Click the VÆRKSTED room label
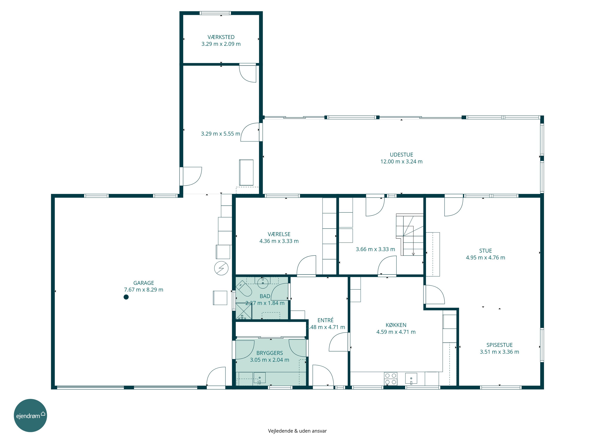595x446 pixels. click(221, 37)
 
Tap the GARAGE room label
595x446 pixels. click(144, 283)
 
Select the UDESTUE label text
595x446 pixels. click(401, 155)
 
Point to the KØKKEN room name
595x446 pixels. click(396, 325)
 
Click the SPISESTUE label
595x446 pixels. click(500, 345)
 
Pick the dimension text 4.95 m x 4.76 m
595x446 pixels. click(486, 257)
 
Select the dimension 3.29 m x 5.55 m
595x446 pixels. click(221, 134)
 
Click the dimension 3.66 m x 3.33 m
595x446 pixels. click(375, 249)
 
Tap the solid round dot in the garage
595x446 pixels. click(126, 297)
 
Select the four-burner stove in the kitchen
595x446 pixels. click(391, 379)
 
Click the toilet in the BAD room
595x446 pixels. click(244, 288)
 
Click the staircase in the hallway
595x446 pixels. click(409, 234)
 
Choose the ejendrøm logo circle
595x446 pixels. click(30, 415)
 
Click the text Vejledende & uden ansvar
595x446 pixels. click(297, 431)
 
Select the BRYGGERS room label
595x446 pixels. click(270, 353)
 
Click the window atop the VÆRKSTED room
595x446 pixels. click(215, 13)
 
